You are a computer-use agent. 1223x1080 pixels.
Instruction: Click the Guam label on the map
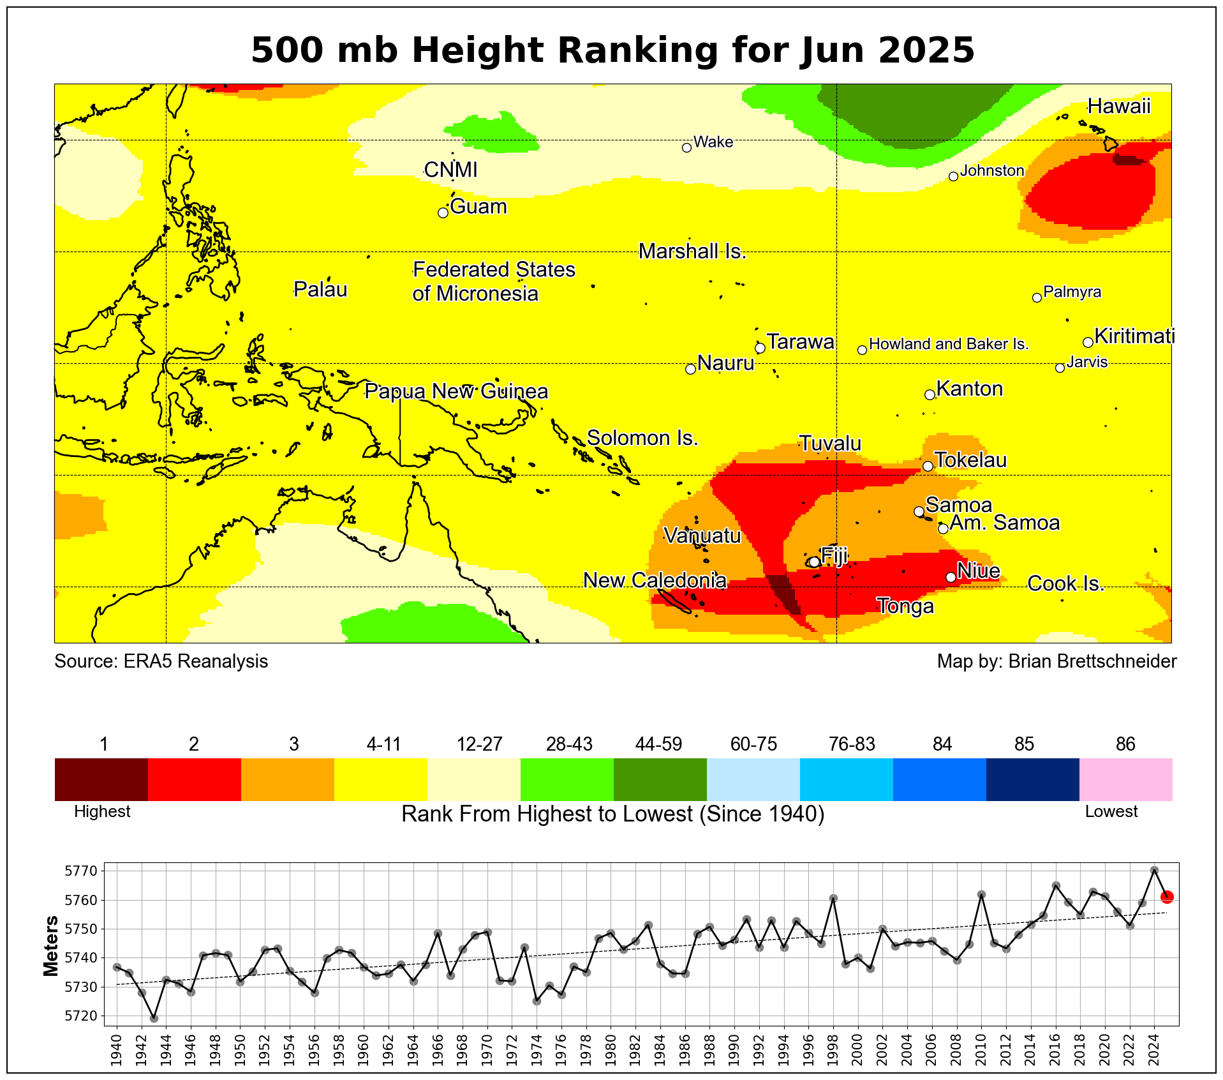pyautogui.click(x=478, y=207)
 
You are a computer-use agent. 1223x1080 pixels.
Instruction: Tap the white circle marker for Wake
pyautogui.click(x=686, y=147)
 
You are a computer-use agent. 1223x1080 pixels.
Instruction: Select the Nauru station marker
pyautogui.click(x=690, y=369)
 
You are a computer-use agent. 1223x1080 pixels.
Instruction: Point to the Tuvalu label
pyautogui.click(x=830, y=444)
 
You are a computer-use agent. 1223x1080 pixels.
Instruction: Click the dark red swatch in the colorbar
pyautogui.click(x=101, y=779)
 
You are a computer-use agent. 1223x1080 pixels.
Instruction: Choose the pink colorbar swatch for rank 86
pyautogui.click(x=1125, y=779)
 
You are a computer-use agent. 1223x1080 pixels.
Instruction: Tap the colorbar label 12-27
pyautogui.click(x=480, y=744)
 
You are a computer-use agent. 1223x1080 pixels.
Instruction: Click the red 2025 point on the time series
pyautogui.click(x=1167, y=897)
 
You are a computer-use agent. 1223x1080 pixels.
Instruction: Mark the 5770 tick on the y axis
pyautogui.click(x=82, y=871)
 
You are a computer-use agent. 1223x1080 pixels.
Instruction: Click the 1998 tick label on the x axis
pyautogui.click(x=833, y=1044)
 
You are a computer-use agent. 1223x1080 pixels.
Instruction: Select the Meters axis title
pyautogui.click(x=51, y=946)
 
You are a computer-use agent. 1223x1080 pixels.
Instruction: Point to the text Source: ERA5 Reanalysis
pyautogui.click(x=161, y=661)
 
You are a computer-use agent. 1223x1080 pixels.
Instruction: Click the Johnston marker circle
pyautogui.click(x=953, y=176)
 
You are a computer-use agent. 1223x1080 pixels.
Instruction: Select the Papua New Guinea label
pyautogui.click(x=456, y=391)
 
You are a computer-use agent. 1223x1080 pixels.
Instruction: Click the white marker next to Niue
pyautogui.click(x=951, y=577)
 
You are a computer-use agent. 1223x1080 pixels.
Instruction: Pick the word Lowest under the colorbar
pyautogui.click(x=1111, y=812)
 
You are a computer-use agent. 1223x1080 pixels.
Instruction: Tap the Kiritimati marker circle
pyautogui.click(x=1088, y=342)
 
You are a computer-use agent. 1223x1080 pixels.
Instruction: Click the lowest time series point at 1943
pyautogui.click(x=154, y=1018)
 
